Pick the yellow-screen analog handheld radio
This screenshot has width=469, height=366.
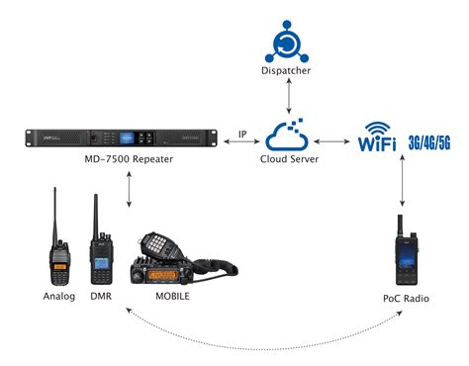59,255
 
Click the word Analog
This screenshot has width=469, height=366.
59,297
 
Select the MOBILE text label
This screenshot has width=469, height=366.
174,297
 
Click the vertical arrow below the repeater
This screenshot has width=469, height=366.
130,189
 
